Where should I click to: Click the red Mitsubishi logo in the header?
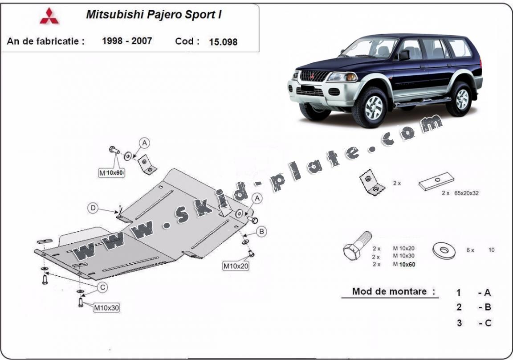(49, 16)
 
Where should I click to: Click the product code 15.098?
(223, 42)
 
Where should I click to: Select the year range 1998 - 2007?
(127, 41)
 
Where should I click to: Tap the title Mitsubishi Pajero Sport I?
(154, 15)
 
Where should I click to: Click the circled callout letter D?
(93, 208)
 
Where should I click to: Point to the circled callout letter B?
(262, 231)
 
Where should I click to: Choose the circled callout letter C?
(102, 288)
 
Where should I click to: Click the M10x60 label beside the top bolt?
(111, 172)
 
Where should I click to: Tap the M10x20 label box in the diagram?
(236, 266)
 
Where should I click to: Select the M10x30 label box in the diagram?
(106, 307)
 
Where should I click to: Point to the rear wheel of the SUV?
(460, 98)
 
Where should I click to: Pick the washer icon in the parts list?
(444, 250)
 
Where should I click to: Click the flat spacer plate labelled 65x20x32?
(436, 182)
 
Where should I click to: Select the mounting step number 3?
(459, 323)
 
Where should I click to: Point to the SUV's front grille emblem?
(313, 75)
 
